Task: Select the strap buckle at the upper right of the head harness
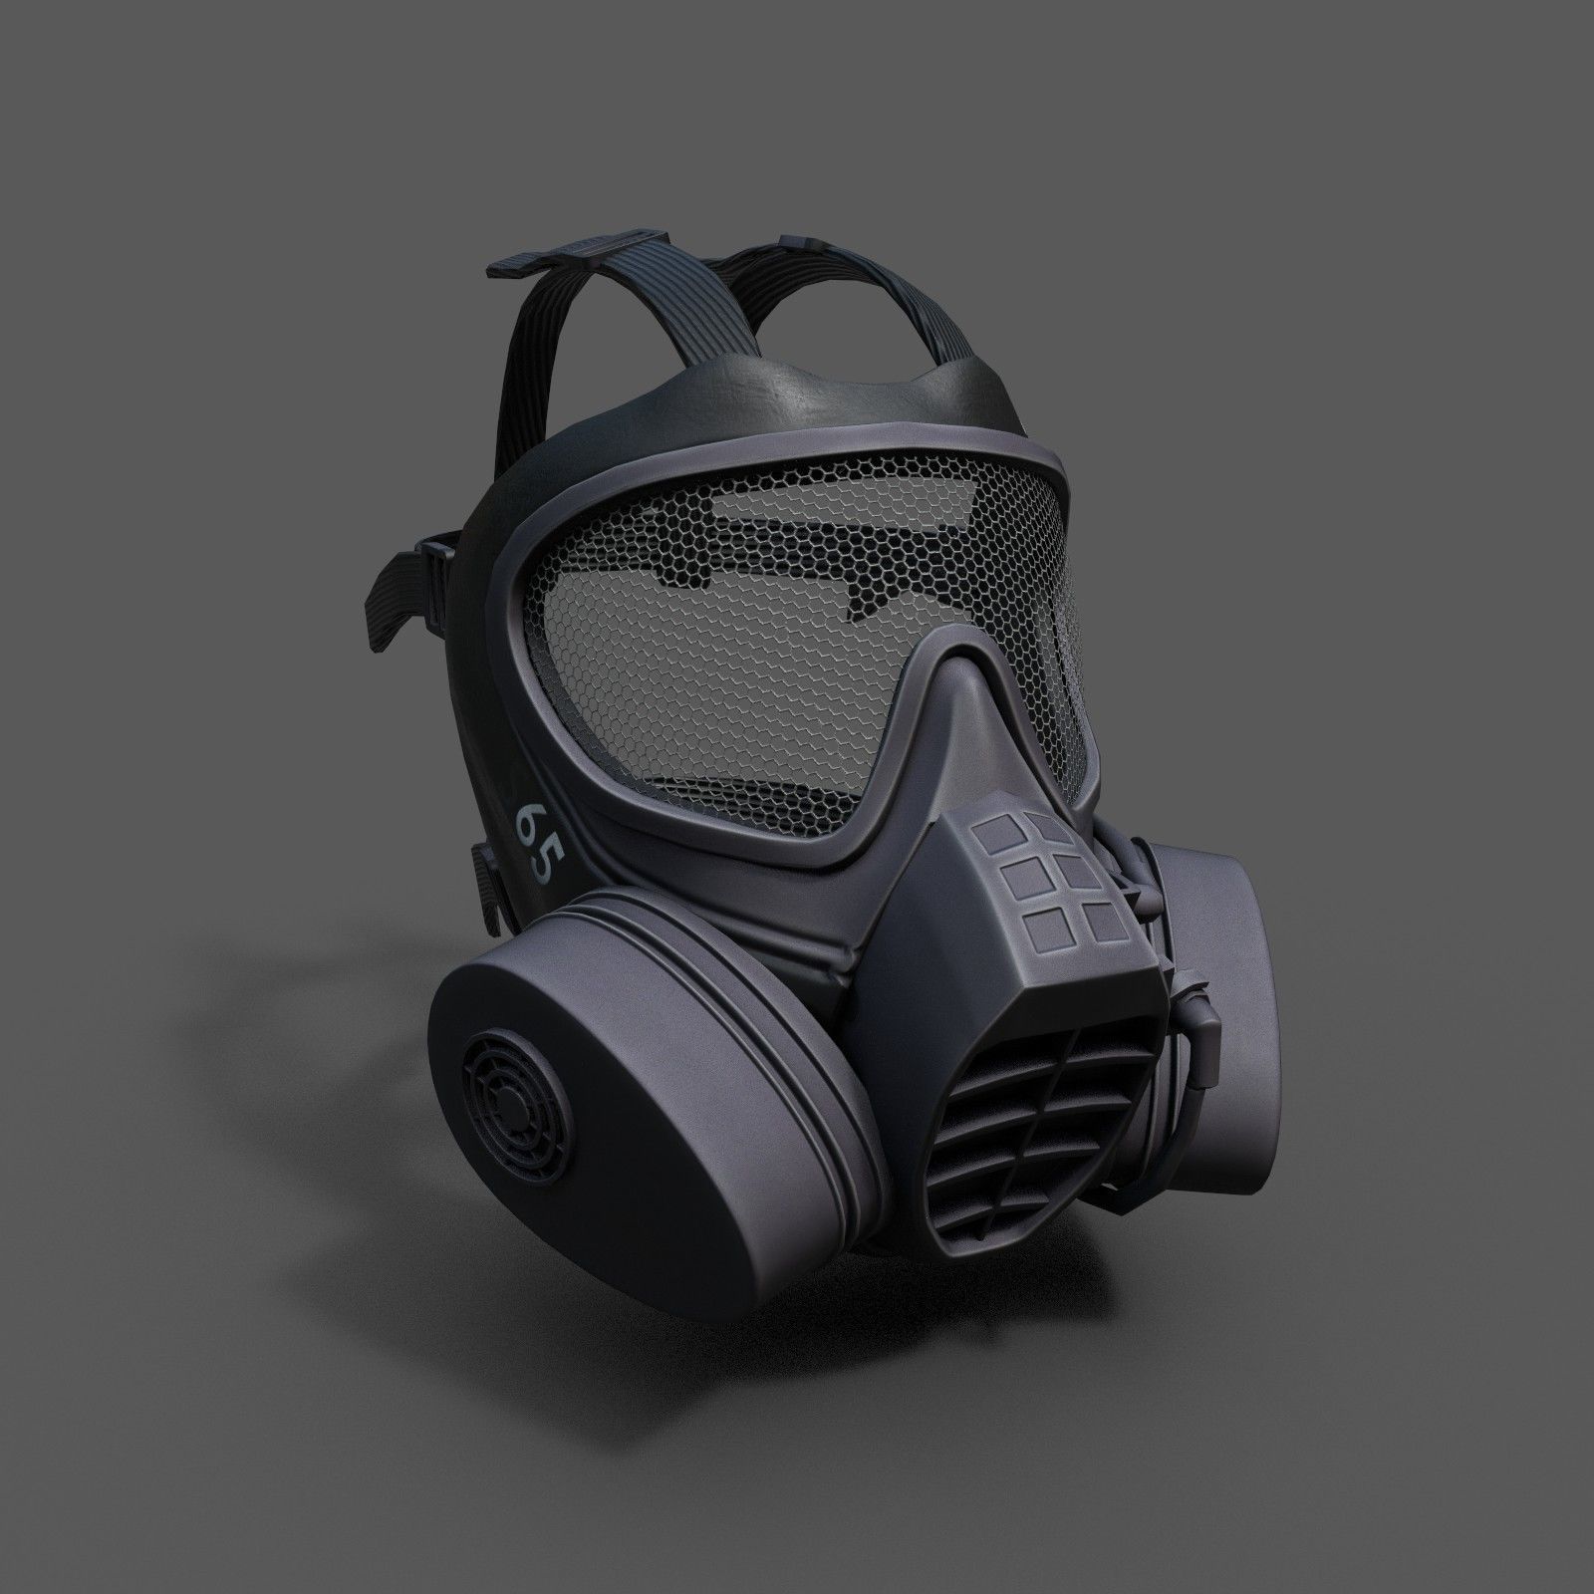(803, 240)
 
